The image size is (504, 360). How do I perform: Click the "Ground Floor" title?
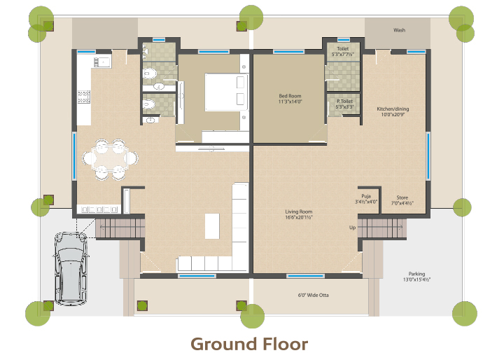tap(249, 344)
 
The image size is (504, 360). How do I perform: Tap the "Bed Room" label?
tap(290, 96)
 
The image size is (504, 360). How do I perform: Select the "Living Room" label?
tap(299, 212)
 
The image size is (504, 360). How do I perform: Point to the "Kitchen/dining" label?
tap(393, 109)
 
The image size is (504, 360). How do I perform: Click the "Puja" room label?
tap(366, 196)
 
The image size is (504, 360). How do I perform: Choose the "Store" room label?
tap(402, 198)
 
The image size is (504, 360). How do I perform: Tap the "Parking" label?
tap(417, 274)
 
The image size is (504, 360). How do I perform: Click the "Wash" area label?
tap(399, 30)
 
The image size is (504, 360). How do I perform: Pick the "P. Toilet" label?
tap(344, 101)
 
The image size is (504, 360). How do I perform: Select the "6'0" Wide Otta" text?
tap(313, 295)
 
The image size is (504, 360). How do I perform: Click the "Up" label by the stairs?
tap(352, 228)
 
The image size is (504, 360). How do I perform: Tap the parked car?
tap(71, 269)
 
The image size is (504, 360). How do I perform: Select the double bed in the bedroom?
tap(227, 92)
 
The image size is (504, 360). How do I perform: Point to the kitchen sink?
tap(102, 62)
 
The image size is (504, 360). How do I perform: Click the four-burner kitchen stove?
tap(84, 97)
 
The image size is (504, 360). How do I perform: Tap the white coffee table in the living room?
tap(212, 226)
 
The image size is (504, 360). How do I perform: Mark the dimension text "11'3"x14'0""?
tap(290, 102)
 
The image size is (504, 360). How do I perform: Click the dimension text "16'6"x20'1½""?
tap(299, 217)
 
